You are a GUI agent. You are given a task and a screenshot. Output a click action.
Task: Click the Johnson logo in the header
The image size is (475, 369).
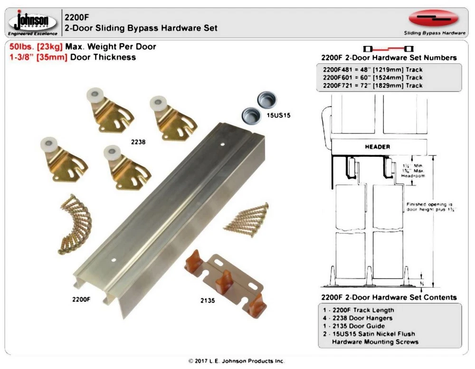[x=32, y=22]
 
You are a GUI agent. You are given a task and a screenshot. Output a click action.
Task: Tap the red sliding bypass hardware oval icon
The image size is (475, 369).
[x=433, y=19]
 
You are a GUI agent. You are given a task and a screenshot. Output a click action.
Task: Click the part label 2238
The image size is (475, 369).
[x=138, y=142]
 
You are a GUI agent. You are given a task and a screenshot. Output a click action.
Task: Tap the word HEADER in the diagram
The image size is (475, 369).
[x=377, y=147]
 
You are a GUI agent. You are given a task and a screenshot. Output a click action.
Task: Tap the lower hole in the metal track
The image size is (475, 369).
[x=113, y=260]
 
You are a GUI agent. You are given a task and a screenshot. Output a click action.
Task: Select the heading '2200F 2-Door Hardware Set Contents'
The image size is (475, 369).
[x=389, y=297]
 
